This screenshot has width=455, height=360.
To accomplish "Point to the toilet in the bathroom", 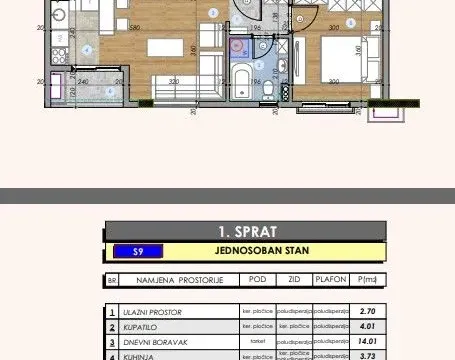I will pos(269,92).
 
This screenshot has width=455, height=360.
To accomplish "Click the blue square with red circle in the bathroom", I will pos(237,45).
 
